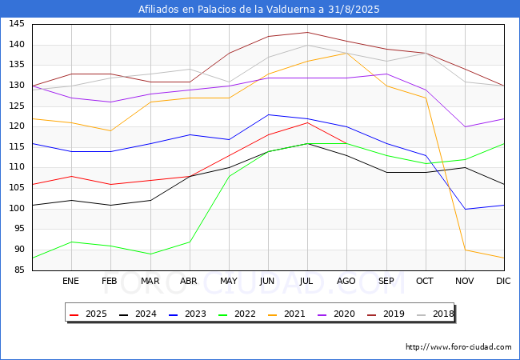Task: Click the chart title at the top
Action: (258, 9)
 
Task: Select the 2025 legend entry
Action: (89, 314)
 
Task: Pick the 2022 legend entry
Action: (237, 314)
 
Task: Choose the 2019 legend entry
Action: (386, 314)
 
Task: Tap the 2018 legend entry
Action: (435, 314)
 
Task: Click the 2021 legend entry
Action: (287, 314)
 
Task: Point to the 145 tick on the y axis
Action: (17, 23)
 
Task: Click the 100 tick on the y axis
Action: (17, 208)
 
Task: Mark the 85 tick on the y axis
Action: (19, 270)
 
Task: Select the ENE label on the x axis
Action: (70, 281)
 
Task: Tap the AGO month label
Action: (346, 281)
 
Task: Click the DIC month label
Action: (503, 281)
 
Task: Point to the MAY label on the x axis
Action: (229, 281)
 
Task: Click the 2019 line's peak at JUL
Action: (307, 32)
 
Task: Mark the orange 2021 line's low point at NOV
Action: (465, 250)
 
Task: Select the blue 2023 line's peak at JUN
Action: (268, 114)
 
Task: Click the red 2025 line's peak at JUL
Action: (307, 122)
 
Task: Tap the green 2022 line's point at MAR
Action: (150, 254)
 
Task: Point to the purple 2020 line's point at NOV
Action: (465, 126)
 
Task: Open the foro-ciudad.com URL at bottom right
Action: (458, 347)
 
